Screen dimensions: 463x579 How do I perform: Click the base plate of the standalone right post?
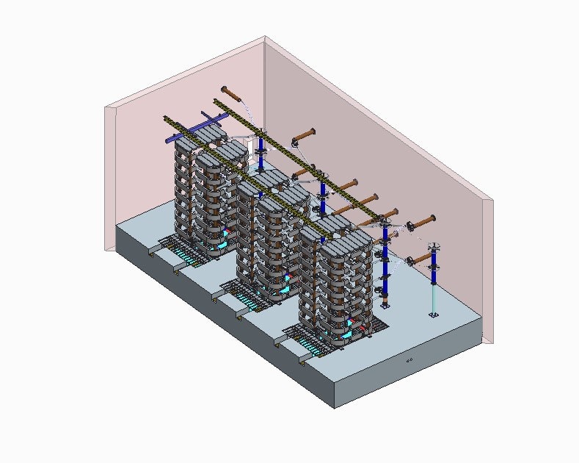pyautogui.click(x=433, y=315)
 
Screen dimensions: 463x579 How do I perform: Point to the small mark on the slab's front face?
pyautogui.click(x=410, y=360)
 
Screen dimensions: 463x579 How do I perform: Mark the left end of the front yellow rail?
pyautogui.click(x=167, y=118)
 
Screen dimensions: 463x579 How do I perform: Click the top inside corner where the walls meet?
pyautogui.click(x=264, y=37)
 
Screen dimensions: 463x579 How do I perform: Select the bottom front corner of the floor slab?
pyautogui.click(x=335, y=406)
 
